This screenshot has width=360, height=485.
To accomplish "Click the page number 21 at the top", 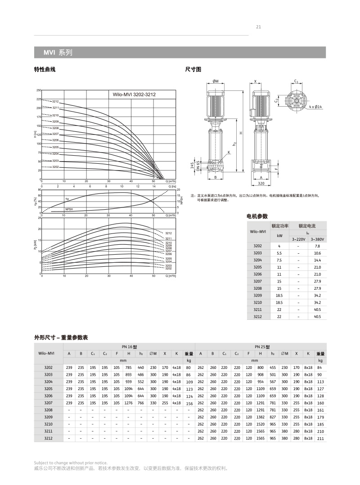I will [x=258, y=27].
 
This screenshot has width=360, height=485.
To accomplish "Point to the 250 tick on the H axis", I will [x=39, y=90].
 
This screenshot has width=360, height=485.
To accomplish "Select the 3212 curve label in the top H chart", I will [x=55, y=102].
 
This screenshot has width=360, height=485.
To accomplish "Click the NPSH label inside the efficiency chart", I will [x=69, y=209].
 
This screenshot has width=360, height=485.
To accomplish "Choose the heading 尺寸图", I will [x=193, y=69].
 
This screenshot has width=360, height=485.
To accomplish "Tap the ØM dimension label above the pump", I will [x=216, y=81].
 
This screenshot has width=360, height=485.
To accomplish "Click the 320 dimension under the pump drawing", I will [x=261, y=184].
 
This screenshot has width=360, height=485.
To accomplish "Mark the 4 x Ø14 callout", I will [x=315, y=107].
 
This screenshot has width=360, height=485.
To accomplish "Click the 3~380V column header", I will [x=317, y=239].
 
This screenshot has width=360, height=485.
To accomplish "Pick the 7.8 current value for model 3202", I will [x=317, y=246].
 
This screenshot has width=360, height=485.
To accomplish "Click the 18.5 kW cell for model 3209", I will [x=279, y=295].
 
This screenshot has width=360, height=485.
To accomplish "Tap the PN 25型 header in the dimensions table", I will [x=262, y=347].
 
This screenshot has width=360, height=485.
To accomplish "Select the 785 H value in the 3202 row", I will [x=128, y=367].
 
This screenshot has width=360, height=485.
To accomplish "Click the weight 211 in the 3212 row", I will [x=320, y=438].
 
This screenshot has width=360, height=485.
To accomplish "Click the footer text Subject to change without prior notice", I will [x=71, y=463].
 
